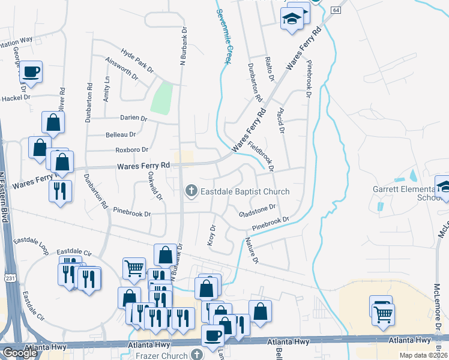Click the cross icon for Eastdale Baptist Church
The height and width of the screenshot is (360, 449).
[x=191, y=191]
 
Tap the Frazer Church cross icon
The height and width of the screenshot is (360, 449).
[x=196, y=355]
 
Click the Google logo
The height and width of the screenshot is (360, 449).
[x=20, y=353]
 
